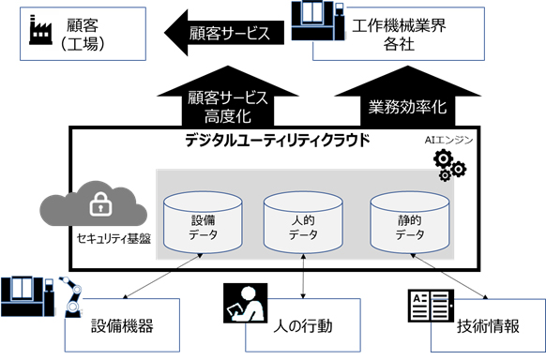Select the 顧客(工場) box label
86,33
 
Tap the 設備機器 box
121,325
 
